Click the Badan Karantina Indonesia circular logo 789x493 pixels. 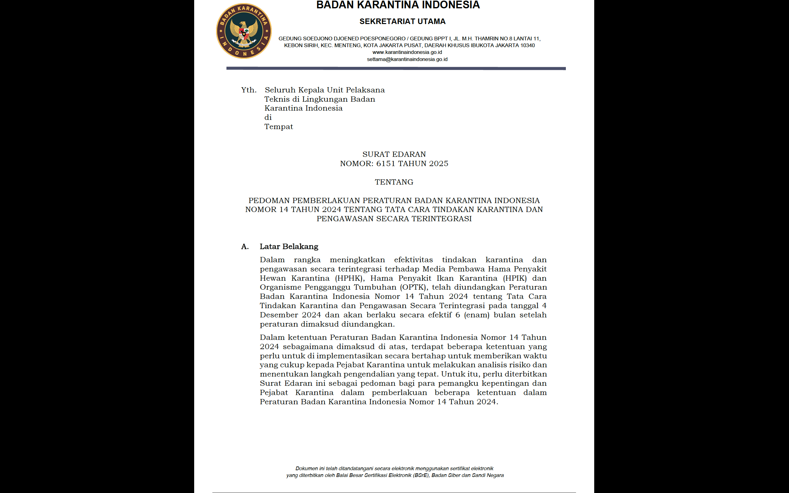[x=243, y=31]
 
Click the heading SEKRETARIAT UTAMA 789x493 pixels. [x=402, y=22]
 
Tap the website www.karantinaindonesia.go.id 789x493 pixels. [x=407, y=52]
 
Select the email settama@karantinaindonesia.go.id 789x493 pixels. [x=407, y=59]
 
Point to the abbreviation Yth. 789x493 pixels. [x=249, y=90]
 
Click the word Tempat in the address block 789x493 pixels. [x=278, y=127]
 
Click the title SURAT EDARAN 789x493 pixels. [x=394, y=154]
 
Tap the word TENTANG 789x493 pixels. [x=394, y=182]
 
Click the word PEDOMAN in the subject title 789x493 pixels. [x=269, y=201]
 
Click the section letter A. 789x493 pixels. [x=245, y=247]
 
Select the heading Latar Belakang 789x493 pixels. [x=289, y=247]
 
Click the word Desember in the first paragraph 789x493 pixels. [x=278, y=315]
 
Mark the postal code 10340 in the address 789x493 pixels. [x=527, y=45]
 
